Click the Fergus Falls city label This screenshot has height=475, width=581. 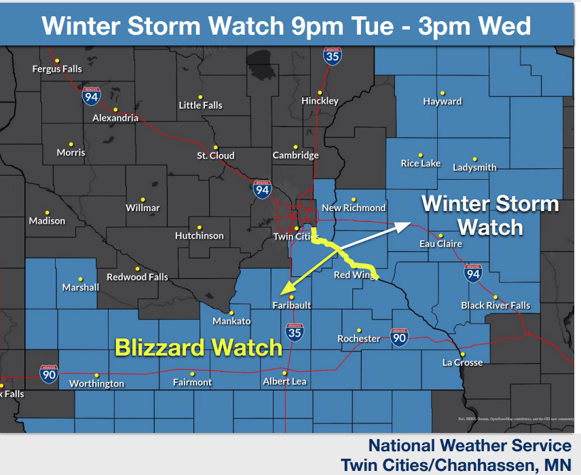(57, 69)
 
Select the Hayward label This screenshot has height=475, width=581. (442, 102)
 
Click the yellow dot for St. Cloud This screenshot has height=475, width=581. (215, 147)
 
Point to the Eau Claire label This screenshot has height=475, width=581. (441, 244)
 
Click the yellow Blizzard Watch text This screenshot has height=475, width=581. (198, 347)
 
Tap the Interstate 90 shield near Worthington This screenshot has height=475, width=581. (48, 374)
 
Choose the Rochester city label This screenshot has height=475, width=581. (358, 339)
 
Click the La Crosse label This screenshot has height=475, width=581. (462, 362)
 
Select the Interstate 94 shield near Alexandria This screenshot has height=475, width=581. (90, 96)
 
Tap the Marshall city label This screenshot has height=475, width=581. (81, 288)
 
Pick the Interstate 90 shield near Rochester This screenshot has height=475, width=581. (399, 337)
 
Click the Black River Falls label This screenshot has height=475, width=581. (495, 305)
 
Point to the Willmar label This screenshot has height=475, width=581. (143, 208)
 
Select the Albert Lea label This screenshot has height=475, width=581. (284, 381)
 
